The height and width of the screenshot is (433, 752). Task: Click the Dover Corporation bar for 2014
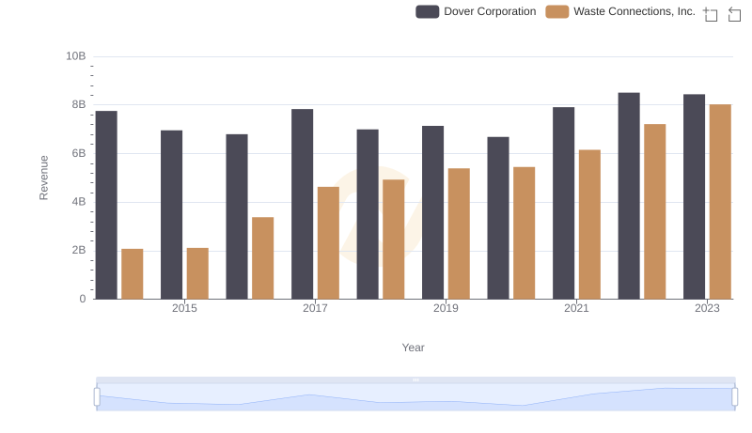[106, 205]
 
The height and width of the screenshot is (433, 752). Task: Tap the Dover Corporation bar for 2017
[302, 204]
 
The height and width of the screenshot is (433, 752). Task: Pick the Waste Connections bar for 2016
[263, 258]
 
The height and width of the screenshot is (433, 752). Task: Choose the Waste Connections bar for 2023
[720, 201]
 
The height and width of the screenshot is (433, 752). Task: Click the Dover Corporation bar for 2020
[498, 218]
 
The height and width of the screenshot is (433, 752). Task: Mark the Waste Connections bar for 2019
[459, 234]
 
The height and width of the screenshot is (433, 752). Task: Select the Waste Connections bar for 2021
[589, 224]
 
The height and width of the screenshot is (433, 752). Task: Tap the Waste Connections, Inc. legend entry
[621, 11]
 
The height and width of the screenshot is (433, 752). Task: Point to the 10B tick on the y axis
[76, 56]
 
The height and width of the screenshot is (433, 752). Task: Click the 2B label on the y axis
[76, 251]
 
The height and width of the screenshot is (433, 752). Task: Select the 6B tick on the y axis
[76, 153]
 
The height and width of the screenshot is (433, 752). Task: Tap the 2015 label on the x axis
[184, 309]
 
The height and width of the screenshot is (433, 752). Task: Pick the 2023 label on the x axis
[707, 309]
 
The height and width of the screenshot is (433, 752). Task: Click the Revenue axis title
[43, 178]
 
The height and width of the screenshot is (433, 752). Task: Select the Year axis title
[414, 348]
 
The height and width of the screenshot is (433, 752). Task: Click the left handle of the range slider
[97, 397]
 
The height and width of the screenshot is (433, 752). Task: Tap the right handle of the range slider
[735, 397]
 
